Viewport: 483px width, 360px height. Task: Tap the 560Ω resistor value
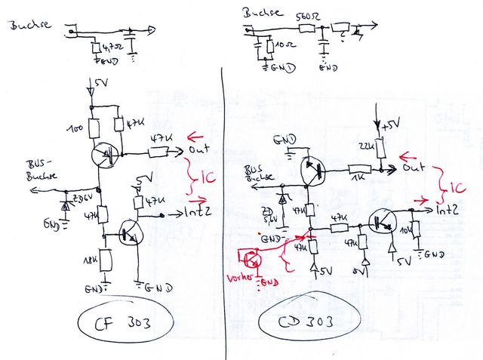pos(305,17)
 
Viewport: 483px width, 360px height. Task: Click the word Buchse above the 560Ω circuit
pos(262,13)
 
